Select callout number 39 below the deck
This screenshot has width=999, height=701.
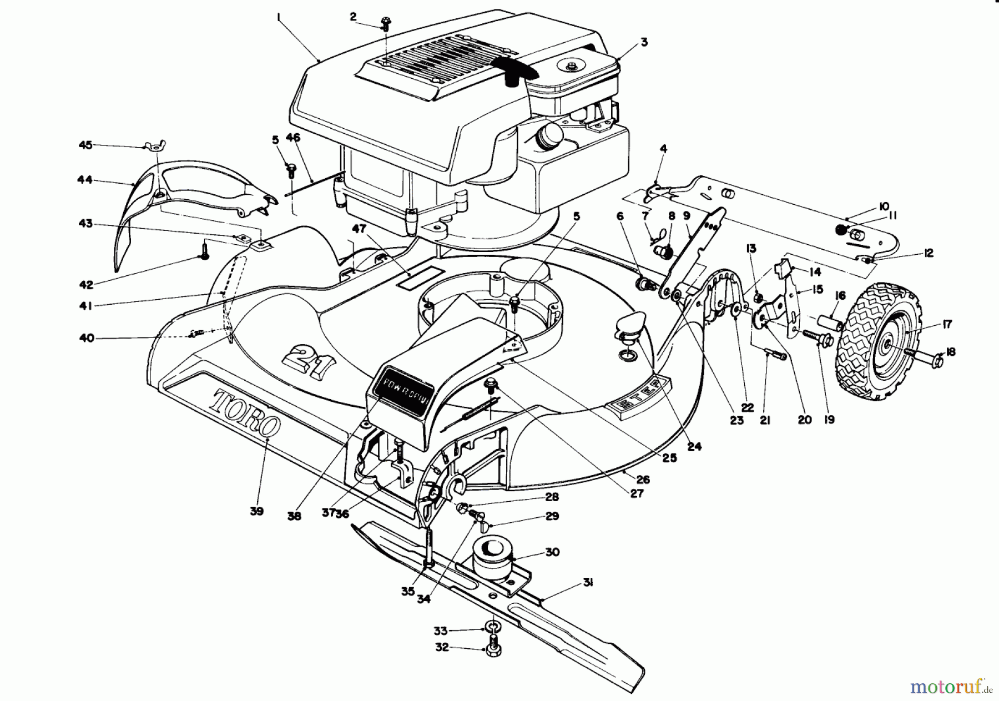click(x=256, y=511)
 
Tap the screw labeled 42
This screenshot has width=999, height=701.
click(x=204, y=257)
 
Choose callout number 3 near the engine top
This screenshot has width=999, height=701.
click(x=643, y=42)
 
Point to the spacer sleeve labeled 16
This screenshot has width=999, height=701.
click(x=829, y=321)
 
